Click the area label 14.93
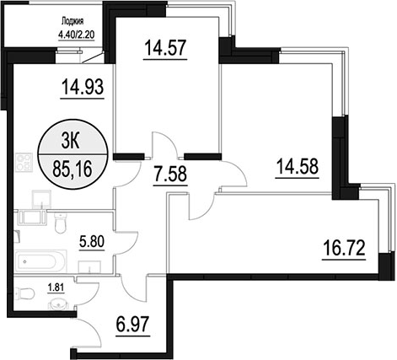pos(83,87)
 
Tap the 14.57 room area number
pos(165,48)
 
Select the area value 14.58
pos(298,166)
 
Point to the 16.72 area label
pos(344,248)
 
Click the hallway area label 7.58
pos(170,174)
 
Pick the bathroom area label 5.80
pos(92,242)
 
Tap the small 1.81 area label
pos(56,287)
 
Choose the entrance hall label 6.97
pos(132,324)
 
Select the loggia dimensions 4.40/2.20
pos(76,35)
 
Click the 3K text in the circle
pos(71,142)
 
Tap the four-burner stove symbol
pos(24,162)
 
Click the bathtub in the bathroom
pos(40,261)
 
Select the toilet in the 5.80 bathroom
pos(60,223)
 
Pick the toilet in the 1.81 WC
pos(24,293)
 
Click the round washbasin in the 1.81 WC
pos(58,304)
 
